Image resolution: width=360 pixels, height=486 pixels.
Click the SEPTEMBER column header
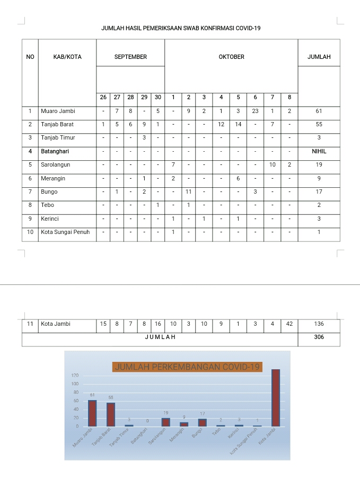tap(130, 57)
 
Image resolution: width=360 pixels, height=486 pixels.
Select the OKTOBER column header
tap(231, 57)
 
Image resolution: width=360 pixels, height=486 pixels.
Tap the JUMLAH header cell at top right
tap(319, 57)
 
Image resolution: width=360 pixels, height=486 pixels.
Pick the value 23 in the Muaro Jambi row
tap(255, 111)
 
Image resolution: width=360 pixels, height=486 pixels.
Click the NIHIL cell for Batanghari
tap(319, 151)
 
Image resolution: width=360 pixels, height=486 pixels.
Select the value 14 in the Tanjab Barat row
tap(238, 124)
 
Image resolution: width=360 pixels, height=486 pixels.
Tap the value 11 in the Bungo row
tap(188, 192)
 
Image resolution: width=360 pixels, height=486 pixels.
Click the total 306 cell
tap(319, 337)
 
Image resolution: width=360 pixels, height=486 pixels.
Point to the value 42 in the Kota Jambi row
tap(289, 324)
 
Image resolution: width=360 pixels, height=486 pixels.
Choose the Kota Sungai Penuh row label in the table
tap(65, 232)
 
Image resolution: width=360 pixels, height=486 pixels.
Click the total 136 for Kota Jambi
tap(319, 324)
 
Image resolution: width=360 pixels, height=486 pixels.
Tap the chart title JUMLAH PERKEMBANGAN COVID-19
tap(187, 367)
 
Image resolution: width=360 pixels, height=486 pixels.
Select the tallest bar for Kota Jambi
tap(276, 398)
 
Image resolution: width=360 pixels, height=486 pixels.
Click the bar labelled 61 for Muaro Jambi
tap(92, 413)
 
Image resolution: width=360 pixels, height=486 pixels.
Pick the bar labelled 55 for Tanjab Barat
tap(111, 414)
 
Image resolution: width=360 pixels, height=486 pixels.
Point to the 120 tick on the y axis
tap(75, 375)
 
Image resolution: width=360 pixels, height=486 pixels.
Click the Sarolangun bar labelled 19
tap(165, 422)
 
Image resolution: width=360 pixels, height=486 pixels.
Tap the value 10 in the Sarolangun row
tap(272, 165)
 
